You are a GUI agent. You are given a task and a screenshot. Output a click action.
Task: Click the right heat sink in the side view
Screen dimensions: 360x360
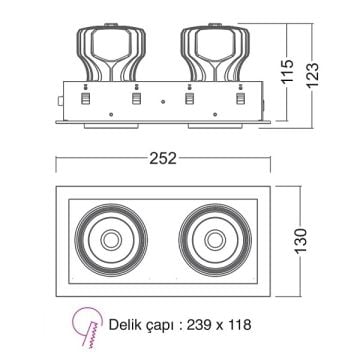213,46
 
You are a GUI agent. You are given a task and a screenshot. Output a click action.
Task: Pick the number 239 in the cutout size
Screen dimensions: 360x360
200,326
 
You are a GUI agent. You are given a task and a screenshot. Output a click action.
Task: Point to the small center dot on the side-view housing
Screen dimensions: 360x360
162,101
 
